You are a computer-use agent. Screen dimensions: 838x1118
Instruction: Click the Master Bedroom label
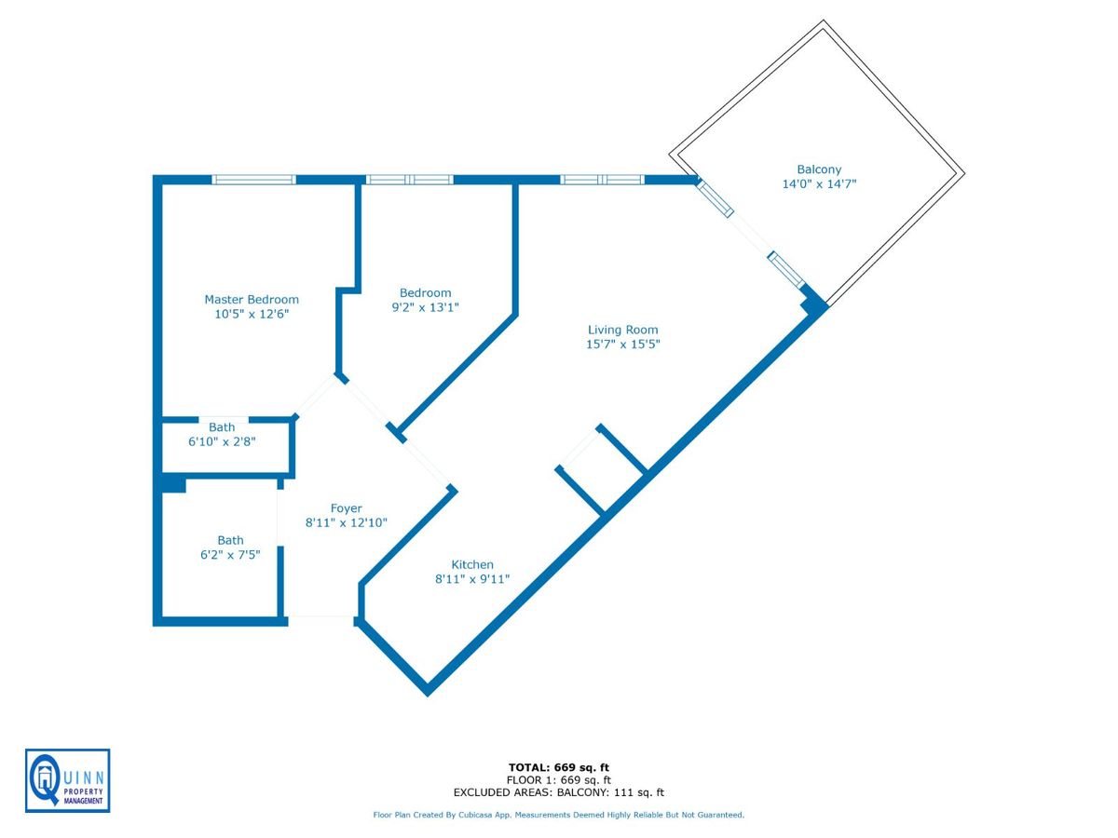point(252,300)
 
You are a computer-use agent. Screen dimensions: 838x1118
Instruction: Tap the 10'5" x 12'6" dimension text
point(252,315)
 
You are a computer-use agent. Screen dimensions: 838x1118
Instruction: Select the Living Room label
point(622,330)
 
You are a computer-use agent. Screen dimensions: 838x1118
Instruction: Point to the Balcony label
point(819,169)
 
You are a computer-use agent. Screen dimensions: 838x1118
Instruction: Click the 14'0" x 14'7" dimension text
point(819,184)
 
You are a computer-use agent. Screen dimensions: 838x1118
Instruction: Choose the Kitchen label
point(472,564)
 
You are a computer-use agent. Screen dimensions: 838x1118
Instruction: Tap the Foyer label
point(346,508)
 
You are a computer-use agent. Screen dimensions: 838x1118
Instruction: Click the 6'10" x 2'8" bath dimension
point(222,441)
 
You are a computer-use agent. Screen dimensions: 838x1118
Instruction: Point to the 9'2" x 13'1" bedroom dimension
point(425,306)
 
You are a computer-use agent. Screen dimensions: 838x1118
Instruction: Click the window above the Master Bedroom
point(253,180)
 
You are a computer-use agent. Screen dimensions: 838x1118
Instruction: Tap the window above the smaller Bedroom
point(409,180)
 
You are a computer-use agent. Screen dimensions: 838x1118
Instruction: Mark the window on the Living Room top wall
point(602,180)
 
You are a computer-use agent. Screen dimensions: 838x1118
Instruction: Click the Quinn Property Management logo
point(67,780)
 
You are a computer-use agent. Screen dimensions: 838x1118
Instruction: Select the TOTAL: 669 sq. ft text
point(558,767)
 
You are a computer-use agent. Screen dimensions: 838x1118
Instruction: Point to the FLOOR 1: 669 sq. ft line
point(558,780)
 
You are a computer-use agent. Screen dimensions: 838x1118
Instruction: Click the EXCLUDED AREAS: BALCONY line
point(558,793)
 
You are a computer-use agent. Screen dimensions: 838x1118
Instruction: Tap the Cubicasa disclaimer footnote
point(558,815)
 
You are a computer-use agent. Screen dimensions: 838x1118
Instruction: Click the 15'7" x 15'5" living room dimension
point(622,345)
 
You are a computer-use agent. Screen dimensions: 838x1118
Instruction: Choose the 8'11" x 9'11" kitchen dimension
point(472,579)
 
